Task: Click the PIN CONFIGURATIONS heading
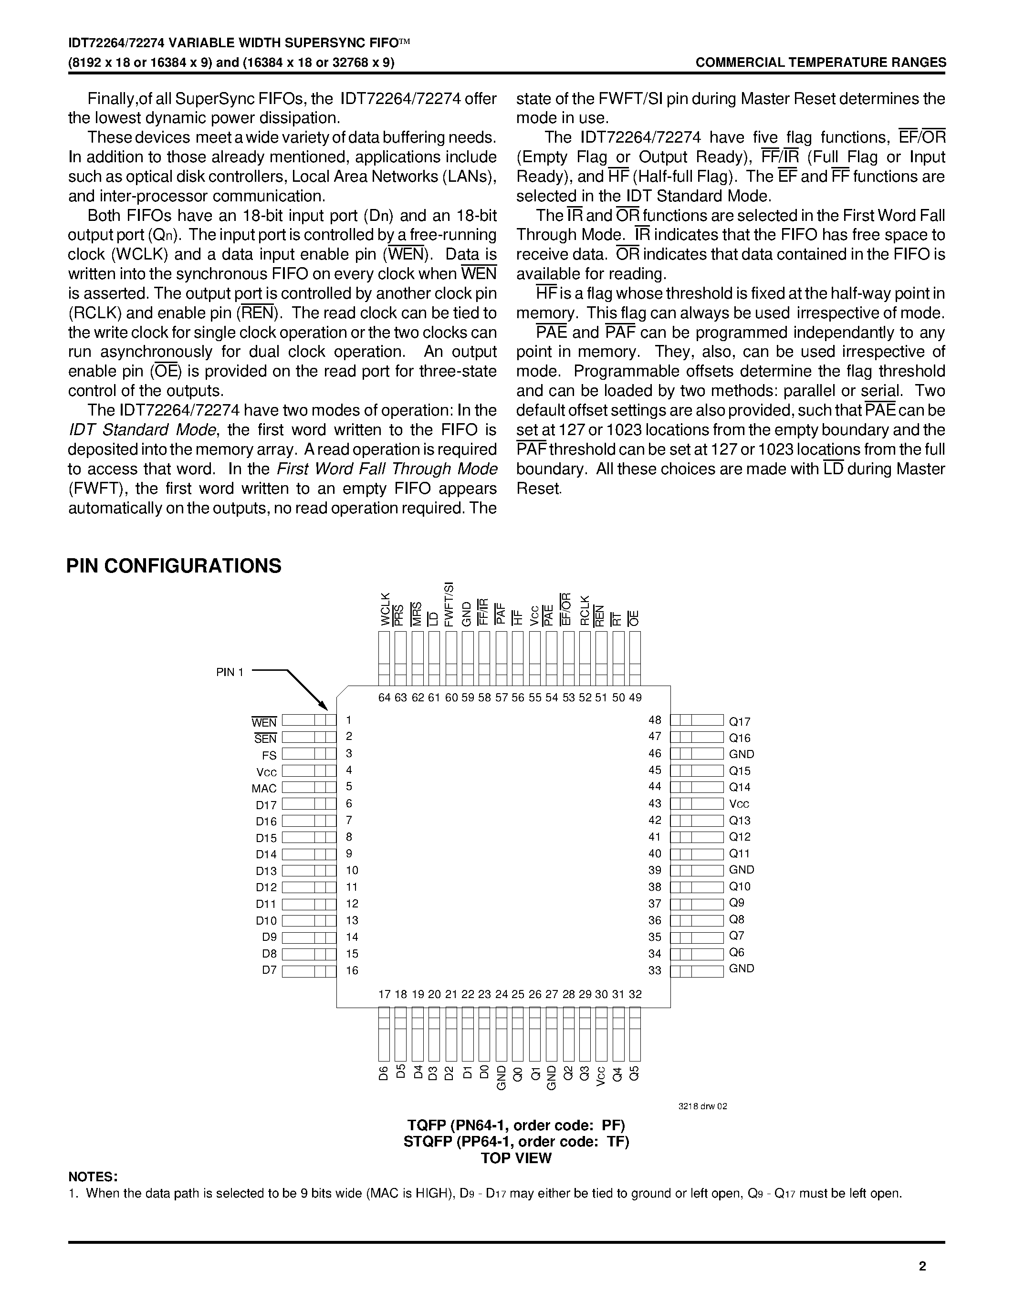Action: (x=174, y=566)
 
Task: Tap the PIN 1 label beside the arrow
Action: (x=230, y=672)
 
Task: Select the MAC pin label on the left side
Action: (x=264, y=788)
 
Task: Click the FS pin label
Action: (x=269, y=755)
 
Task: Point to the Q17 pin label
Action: (x=740, y=721)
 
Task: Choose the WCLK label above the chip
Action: (x=385, y=609)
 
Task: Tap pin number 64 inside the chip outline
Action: (x=385, y=698)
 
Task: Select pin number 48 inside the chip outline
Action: (x=655, y=719)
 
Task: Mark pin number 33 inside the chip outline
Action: (x=655, y=970)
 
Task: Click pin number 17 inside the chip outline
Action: (x=385, y=994)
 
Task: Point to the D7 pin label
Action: (x=269, y=969)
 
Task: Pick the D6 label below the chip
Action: (x=385, y=1073)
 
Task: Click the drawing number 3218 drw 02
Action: (x=703, y=1106)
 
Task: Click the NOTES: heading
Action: (x=93, y=1176)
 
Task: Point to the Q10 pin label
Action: (x=740, y=886)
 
